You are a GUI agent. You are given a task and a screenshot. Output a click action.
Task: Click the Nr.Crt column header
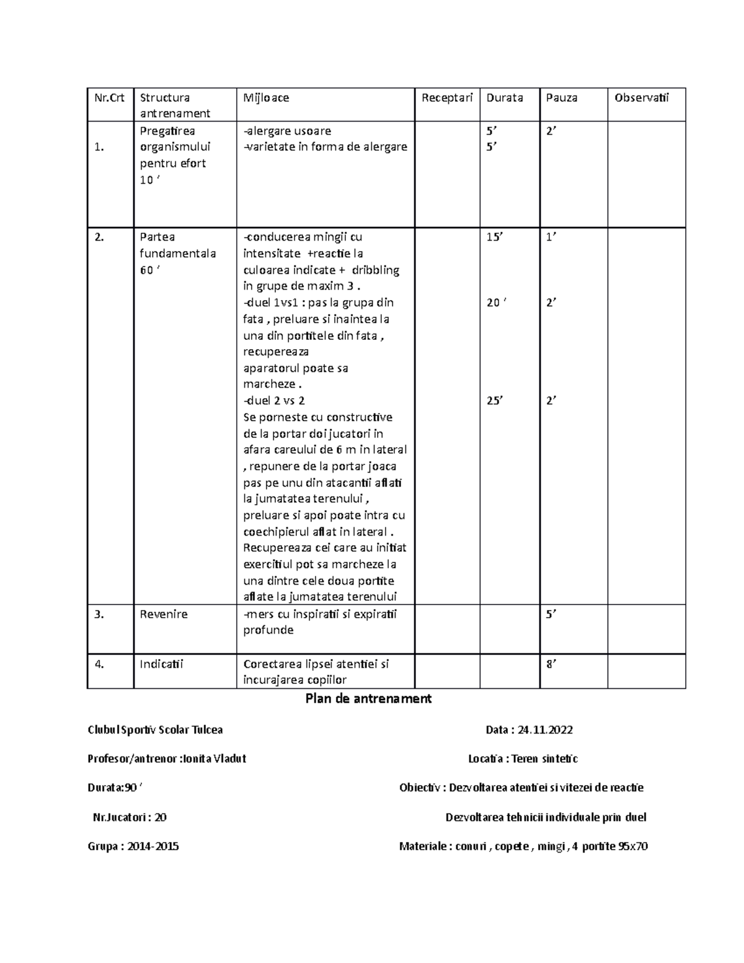click(x=109, y=97)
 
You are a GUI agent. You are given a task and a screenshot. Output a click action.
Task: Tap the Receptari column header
click(x=447, y=97)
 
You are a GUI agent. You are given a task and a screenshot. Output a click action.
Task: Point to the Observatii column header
click(x=642, y=97)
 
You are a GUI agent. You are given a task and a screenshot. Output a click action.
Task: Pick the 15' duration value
click(x=495, y=237)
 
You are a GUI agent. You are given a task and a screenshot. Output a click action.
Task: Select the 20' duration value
click(x=495, y=303)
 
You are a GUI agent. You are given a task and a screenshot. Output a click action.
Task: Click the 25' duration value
click(x=495, y=401)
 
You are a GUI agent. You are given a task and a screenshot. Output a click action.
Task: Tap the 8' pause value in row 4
click(x=551, y=664)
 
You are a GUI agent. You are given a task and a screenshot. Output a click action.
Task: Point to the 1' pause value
click(x=551, y=237)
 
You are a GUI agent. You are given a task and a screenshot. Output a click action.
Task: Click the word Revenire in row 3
click(x=164, y=615)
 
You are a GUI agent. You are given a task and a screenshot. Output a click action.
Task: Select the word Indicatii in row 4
click(x=161, y=664)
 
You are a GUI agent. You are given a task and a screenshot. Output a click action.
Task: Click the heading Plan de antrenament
click(x=368, y=699)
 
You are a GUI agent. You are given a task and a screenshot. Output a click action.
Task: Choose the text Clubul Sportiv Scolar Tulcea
click(x=155, y=730)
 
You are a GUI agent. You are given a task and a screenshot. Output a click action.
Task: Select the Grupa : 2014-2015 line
click(x=133, y=846)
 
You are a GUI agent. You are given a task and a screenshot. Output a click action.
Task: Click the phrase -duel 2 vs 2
click(x=274, y=401)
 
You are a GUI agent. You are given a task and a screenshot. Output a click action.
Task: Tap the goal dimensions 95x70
click(x=633, y=846)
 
